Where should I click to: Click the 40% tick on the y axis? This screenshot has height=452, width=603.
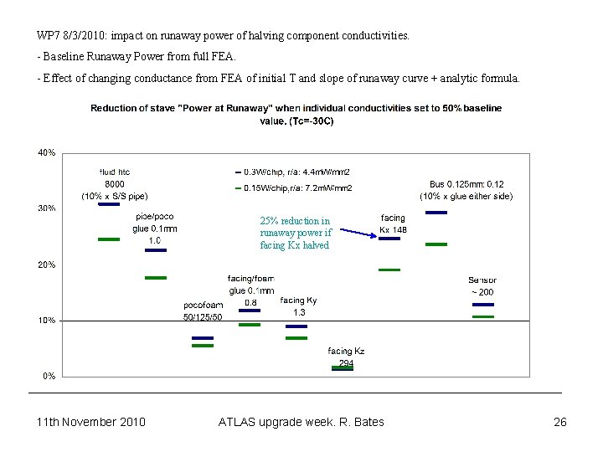click(46, 152)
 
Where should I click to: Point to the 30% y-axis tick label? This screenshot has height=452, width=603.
click(46, 208)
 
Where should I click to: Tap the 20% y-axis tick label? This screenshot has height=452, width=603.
click(46, 265)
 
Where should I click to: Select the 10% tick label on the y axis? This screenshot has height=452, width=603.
click(46, 321)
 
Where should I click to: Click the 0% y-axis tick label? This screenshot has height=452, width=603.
click(49, 376)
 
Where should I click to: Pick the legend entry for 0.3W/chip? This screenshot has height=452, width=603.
click(292, 172)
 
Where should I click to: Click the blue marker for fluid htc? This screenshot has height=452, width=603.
click(109, 203)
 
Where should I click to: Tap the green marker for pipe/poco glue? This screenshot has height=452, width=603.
click(156, 278)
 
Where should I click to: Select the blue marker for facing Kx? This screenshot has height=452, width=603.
click(389, 239)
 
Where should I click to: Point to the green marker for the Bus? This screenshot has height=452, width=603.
click(436, 244)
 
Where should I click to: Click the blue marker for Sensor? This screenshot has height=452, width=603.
click(483, 305)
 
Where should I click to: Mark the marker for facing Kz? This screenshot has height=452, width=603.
click(343, 367)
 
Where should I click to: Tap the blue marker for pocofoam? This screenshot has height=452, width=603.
click(203, 338)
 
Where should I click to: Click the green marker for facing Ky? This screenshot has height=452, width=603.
click(296, 338)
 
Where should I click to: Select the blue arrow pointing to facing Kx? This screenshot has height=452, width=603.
click(356, 234)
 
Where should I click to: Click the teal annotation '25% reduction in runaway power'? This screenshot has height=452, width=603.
click(296, 234)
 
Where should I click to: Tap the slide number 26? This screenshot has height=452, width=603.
click(560, 422)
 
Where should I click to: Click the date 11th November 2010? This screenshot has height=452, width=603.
click(91, 422)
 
